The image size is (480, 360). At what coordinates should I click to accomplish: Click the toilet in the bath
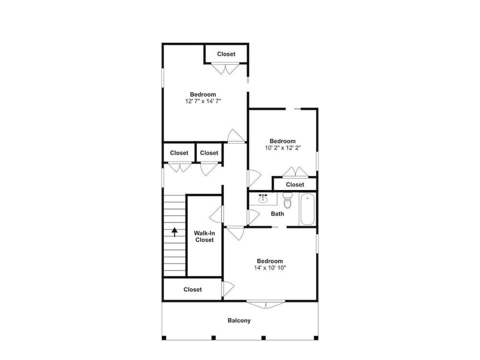(287, 200)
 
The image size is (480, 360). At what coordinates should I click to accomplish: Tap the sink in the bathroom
(262, 199)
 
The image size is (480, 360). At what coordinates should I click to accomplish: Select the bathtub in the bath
(307, 209)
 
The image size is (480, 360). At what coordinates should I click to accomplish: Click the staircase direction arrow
(174, 232)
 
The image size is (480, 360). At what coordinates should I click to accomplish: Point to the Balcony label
(239, 320)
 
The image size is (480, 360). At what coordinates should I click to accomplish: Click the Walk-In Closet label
(204, 236)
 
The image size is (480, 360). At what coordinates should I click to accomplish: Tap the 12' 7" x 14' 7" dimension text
(203, 101)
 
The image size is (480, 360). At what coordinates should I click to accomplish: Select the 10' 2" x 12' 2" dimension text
(282, 148)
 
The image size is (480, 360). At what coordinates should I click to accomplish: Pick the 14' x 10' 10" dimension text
(269, 268)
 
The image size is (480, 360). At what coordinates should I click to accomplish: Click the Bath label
(277, 213)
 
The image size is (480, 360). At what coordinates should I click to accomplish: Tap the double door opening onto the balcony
(265, 304)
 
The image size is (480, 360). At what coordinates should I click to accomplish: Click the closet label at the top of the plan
(226, 54)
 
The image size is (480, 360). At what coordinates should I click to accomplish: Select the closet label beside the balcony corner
(192, 289)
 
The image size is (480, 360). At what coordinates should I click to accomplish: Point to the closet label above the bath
(295, 184)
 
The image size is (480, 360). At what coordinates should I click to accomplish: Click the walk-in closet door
(216, 214)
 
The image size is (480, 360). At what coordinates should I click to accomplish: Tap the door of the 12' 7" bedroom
(236, 136)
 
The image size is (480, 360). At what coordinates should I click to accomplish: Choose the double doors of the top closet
(225, 68)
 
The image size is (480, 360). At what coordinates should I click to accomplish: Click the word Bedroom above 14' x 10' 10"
(269, 261)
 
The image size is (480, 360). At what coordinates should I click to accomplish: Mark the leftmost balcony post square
(164, 338)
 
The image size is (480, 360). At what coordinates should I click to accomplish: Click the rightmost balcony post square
(316, 338)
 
